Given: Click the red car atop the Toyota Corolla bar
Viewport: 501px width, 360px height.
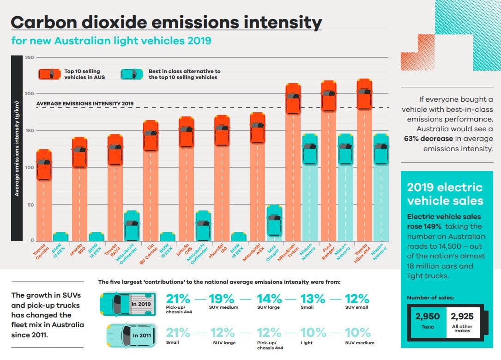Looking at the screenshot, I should (x=44, y=165).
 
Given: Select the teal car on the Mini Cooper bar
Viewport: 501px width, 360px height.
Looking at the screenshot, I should (x=274, y=220).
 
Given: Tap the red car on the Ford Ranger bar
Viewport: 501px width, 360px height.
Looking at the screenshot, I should (x=328, y=96).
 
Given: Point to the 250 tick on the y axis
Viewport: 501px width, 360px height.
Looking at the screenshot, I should (x=29, y=57).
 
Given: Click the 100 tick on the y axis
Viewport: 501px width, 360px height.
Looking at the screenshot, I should (x=29, y=167).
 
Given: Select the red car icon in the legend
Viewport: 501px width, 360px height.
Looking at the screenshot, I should (x=49, y=74).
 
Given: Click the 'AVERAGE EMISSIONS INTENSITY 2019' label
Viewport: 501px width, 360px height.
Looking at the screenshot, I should (x=85, y=103).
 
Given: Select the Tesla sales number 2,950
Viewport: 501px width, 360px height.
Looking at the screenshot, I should (x=427, y=317).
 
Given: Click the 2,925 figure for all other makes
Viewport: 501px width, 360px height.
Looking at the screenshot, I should (x=462, y=317).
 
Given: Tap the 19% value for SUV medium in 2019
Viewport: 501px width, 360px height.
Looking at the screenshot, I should (x=222, y=299).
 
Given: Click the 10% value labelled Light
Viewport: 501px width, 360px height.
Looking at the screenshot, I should (x=313, y=333).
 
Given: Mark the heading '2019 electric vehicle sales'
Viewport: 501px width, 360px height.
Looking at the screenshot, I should (x=445, y=194).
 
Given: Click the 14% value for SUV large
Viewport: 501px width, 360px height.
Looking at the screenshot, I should (x=269, y=299).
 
